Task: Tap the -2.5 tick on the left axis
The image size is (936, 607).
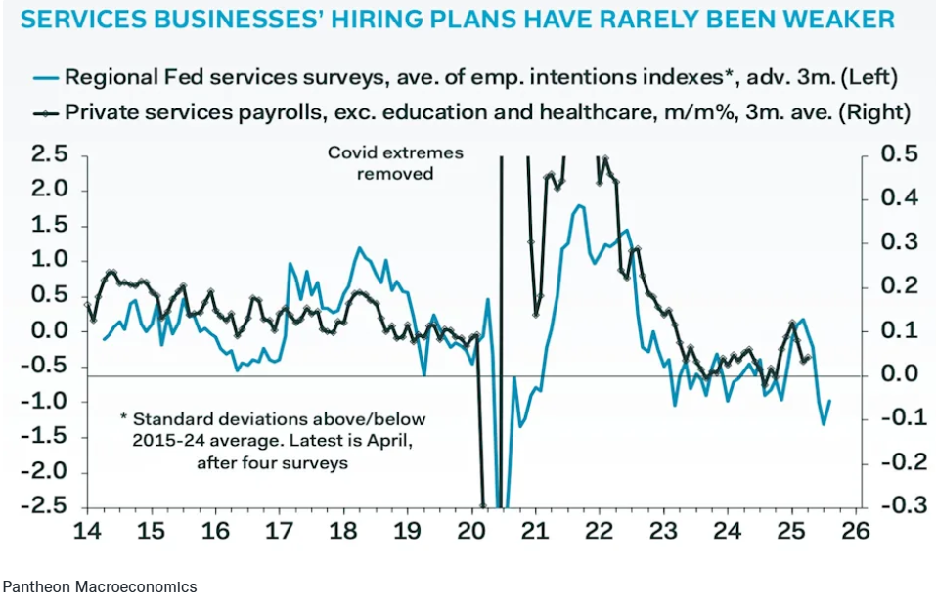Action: (46, 507)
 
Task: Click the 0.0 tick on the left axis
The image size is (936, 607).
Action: (49, 330)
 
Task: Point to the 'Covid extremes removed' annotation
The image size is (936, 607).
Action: (395, 163)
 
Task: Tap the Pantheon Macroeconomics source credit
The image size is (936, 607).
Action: (99, 586)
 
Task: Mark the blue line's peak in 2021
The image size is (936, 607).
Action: (579, 205)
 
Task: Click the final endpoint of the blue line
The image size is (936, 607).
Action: (830, 400)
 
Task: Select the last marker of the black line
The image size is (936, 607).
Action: (806, 359)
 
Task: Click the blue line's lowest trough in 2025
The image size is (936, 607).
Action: (824, 423)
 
